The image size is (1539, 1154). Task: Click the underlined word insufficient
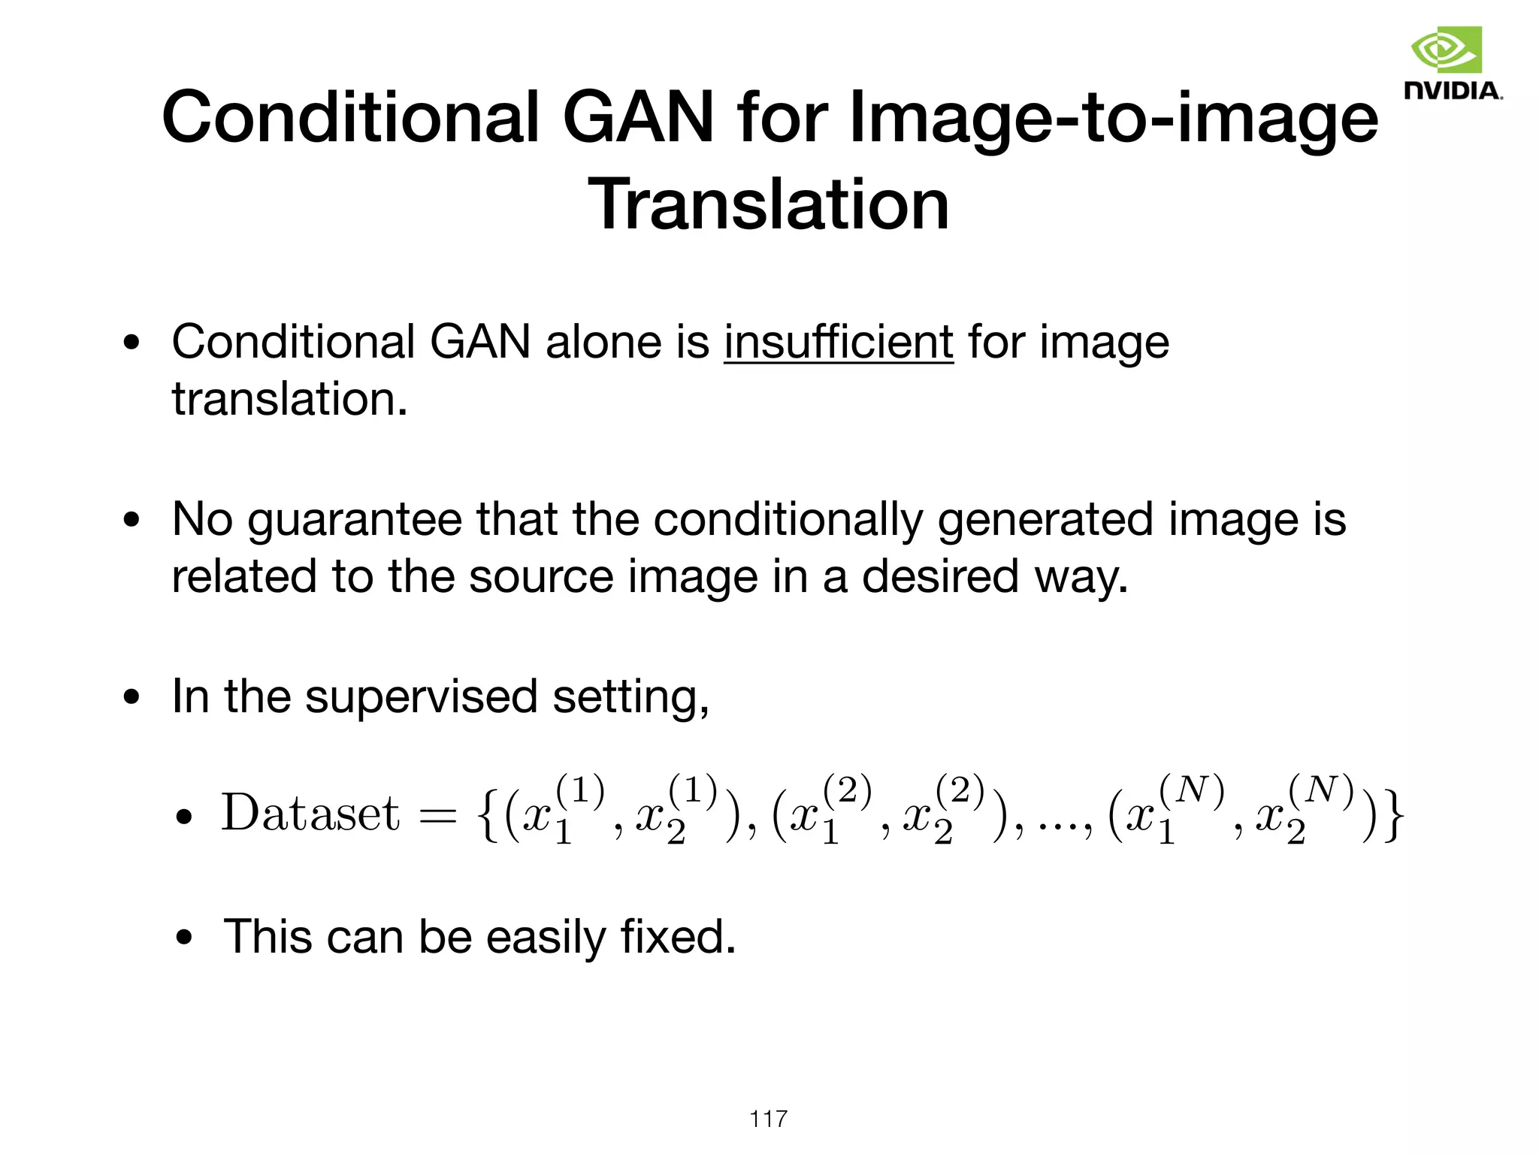coord(839,343)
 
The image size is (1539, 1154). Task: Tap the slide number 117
coord(768,1119)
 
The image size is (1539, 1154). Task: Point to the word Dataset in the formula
coord(310,813)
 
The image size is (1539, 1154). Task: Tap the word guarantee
coord(354,521)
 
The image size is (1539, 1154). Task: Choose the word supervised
coord(422,696)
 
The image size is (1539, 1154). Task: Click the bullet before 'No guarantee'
coord(132,521)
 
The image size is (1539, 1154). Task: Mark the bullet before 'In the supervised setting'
coord(132,697)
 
